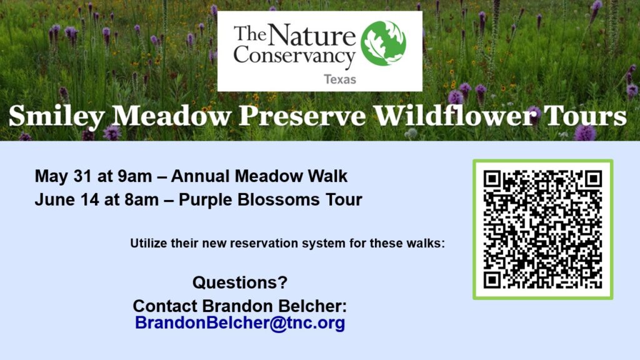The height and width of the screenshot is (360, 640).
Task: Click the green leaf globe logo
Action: pos(383,44)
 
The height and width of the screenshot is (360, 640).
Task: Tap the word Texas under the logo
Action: pos(340,79)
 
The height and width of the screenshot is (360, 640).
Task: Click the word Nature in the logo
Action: pos(312,35)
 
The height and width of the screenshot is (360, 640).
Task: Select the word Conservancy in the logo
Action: pos(294,57)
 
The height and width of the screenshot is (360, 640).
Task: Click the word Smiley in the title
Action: pos(57,117)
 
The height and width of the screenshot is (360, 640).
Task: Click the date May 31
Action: pos(64,176)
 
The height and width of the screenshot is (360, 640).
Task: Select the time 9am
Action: pos(135,177)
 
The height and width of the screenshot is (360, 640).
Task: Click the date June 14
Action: pos(67,199)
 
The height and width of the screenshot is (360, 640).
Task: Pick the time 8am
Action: pos(142,200)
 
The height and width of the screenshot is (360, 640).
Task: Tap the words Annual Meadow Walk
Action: pos(259,176)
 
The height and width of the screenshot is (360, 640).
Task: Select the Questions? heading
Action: pos(240,282)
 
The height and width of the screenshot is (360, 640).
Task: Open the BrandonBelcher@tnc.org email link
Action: pos(240,323)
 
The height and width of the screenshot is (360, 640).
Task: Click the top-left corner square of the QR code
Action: pos(492,179)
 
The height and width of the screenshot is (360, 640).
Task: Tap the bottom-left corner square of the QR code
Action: pos(492,280)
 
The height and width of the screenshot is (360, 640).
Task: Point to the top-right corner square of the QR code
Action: pos(594,179)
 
